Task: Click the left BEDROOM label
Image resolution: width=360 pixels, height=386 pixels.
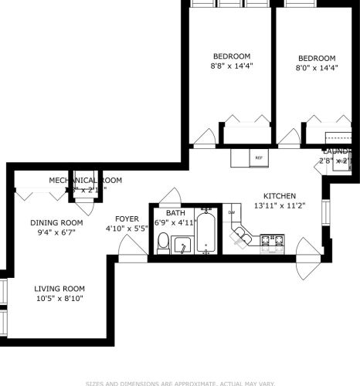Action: tap(232, 56)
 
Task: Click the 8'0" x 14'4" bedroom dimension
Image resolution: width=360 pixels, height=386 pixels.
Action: tap(317, 69)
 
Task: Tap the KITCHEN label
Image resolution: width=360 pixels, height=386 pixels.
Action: tap(279, 196)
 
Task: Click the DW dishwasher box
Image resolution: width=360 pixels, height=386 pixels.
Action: tap(232, 213)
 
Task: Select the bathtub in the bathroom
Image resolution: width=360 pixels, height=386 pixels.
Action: tap(206, 234)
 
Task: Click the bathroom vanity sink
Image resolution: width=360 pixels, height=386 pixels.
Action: tap(183, 245)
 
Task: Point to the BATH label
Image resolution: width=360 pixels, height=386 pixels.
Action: tap(175, 213)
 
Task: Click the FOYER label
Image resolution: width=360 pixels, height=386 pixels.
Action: tap(127, 218)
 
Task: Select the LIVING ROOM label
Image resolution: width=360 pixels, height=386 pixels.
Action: tap(59, 288)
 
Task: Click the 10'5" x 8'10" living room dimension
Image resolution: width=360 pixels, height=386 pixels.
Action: tap(59, 298)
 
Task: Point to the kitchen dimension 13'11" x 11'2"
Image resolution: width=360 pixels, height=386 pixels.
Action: tap(279, 206)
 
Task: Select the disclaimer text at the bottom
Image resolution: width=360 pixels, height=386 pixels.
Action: tap(180, 382)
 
